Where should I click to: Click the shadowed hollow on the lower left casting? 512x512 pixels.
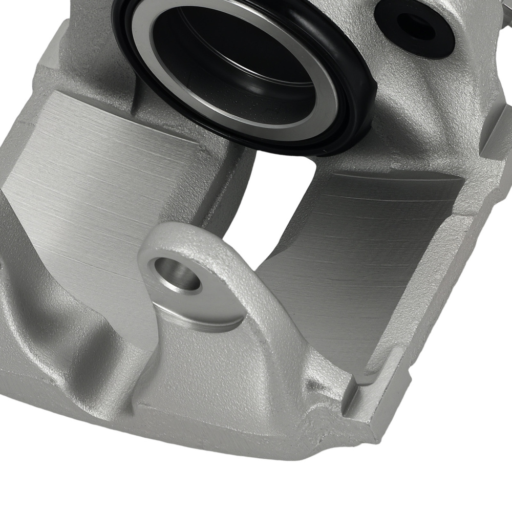coord(41,317)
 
